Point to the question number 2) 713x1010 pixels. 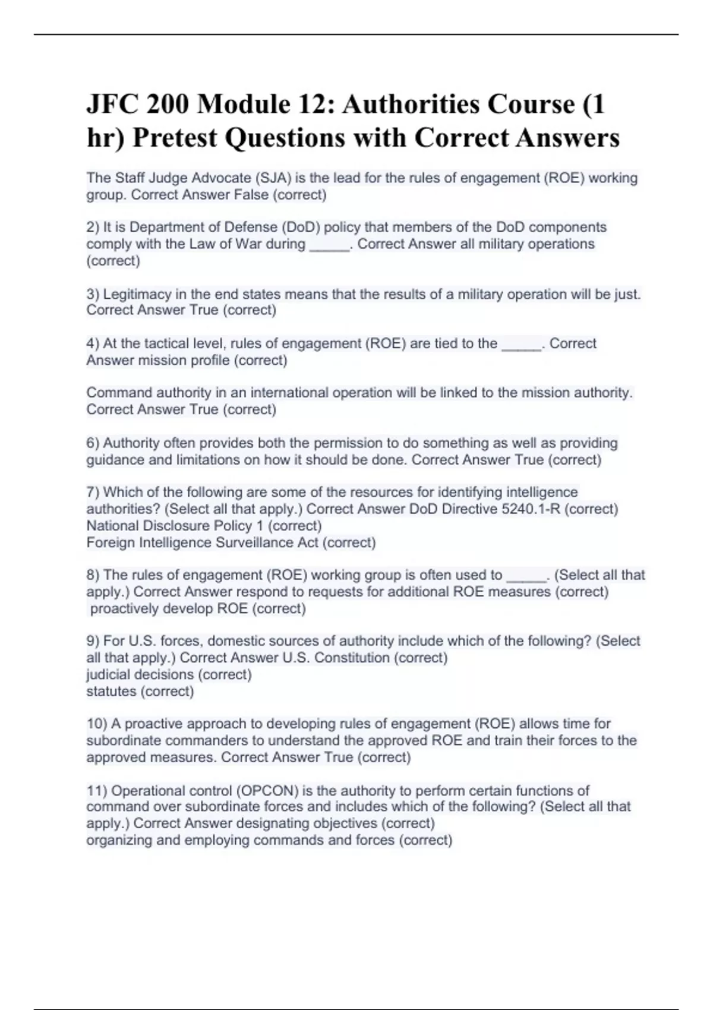(93, 227)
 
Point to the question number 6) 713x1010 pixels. (93, 443)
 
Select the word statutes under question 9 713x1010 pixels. (111, 691)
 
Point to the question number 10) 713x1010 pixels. (96, 724)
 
